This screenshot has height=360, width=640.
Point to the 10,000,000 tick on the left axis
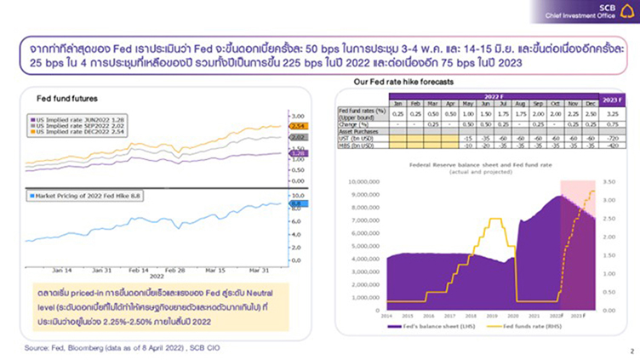pyautogui.click(x=361, y=181)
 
